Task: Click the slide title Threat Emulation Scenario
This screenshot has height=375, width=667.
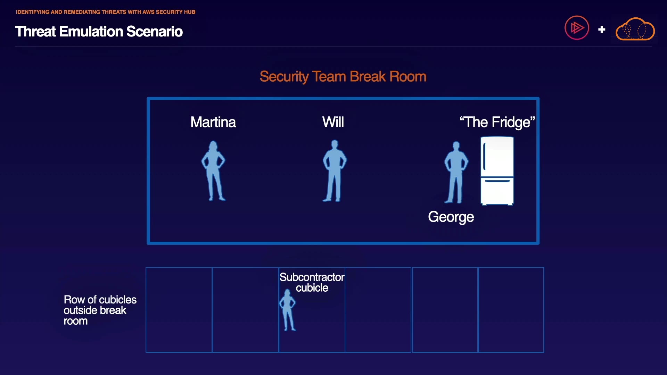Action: [99, 32]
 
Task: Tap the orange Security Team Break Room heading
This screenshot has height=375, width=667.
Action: [343, 76]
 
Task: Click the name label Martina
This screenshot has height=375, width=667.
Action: [213, 122]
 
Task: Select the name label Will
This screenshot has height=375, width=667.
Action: [333, 122]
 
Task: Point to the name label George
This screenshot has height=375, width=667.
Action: [451, 217]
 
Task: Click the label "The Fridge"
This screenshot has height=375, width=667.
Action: [497, 122]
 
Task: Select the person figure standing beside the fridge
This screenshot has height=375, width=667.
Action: [456, 172]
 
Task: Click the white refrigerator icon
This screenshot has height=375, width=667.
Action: [497, 171]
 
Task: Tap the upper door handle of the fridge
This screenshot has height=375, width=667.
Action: [484, 156]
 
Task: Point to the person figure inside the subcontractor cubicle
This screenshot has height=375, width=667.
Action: [287, 310]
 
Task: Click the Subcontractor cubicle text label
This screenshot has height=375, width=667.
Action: [312, 282]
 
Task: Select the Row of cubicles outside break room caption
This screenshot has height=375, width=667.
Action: [100, 310]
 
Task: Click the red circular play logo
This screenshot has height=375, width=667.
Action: [577, 28]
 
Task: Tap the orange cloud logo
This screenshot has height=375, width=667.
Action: [635, 29]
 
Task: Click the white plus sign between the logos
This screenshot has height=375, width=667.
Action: [602, 30]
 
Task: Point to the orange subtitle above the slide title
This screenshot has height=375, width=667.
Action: [106, 12]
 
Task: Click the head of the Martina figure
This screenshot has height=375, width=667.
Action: [213, 145]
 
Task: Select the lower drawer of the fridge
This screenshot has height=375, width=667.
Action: [497, 191]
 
